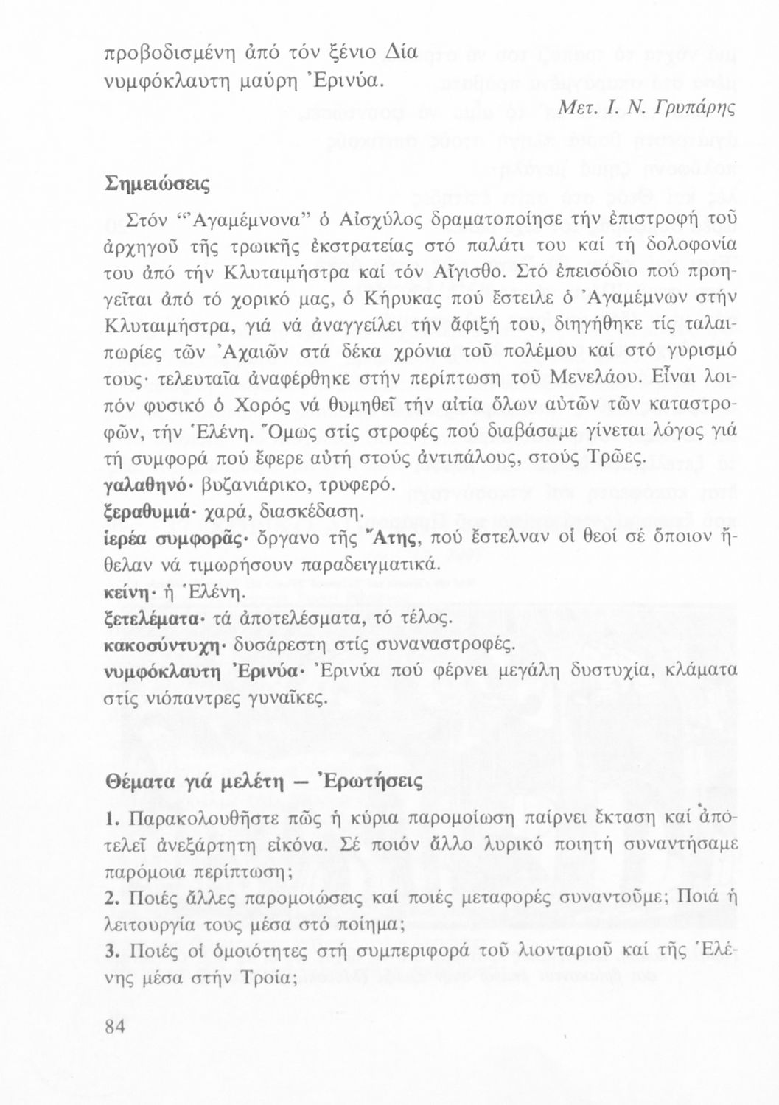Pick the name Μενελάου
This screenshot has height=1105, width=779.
coord(598,379)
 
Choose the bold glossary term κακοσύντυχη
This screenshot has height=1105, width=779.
coord(164,645)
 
